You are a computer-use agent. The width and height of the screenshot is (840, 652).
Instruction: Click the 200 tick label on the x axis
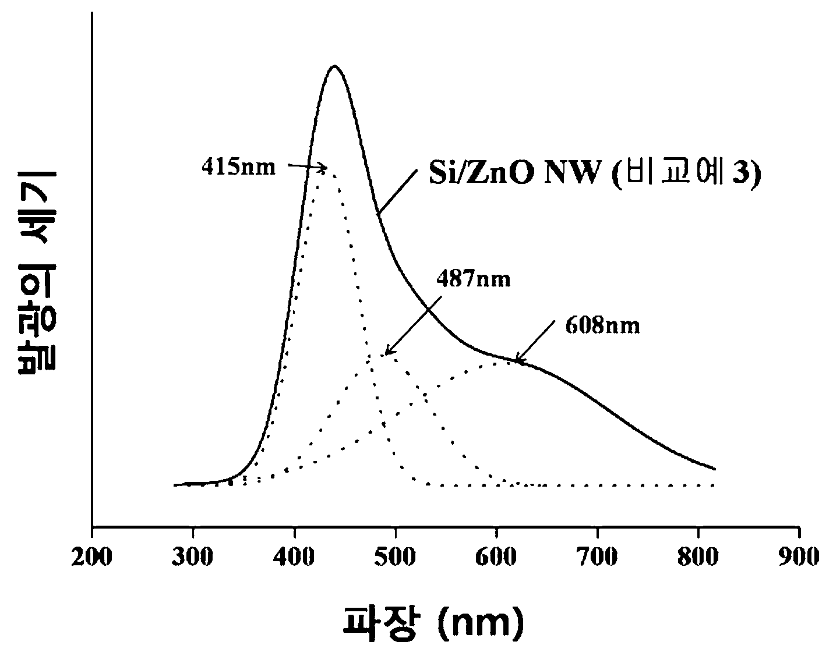point(91,558)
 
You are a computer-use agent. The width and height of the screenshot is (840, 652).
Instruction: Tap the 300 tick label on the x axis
point(192,558)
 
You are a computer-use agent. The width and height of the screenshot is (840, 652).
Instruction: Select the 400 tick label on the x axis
point(294,558)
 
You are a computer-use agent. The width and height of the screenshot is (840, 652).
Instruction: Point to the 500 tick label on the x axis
point(395,558)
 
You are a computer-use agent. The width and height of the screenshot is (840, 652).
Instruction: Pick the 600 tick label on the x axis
point(496,558)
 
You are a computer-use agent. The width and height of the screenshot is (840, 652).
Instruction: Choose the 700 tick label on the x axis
point(597,558)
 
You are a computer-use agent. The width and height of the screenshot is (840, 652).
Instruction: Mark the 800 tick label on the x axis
point(698,558)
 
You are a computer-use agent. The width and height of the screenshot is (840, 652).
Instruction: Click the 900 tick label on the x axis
point(799,558)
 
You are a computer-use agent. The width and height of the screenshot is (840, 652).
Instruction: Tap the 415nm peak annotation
point(238,168)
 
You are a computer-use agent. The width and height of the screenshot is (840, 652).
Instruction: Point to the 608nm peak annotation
point(602,325)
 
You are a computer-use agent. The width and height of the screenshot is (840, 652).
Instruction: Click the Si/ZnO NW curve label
point(595,173)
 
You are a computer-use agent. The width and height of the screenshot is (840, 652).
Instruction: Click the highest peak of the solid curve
point(334,66)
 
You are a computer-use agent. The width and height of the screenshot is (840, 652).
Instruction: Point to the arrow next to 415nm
point(308,167)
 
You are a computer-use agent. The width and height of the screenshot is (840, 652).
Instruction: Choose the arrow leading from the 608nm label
point(536,342)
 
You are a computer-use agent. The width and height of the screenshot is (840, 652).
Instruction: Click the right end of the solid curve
point(715,469)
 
